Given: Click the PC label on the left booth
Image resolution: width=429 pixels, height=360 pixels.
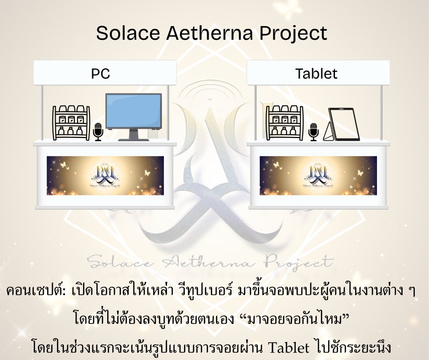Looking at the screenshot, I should point(101,74).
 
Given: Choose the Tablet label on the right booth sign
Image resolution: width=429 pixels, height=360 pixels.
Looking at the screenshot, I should point(316,74).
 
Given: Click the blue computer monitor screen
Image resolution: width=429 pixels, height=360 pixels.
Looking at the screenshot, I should point(134,111).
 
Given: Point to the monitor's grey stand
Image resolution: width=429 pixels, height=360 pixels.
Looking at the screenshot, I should point(134,135).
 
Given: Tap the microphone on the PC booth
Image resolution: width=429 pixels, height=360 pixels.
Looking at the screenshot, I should point(98,132).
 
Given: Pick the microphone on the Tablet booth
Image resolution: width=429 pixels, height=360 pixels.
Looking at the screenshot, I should point(313,132).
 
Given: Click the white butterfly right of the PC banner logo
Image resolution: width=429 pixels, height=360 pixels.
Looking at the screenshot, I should point(147,173).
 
